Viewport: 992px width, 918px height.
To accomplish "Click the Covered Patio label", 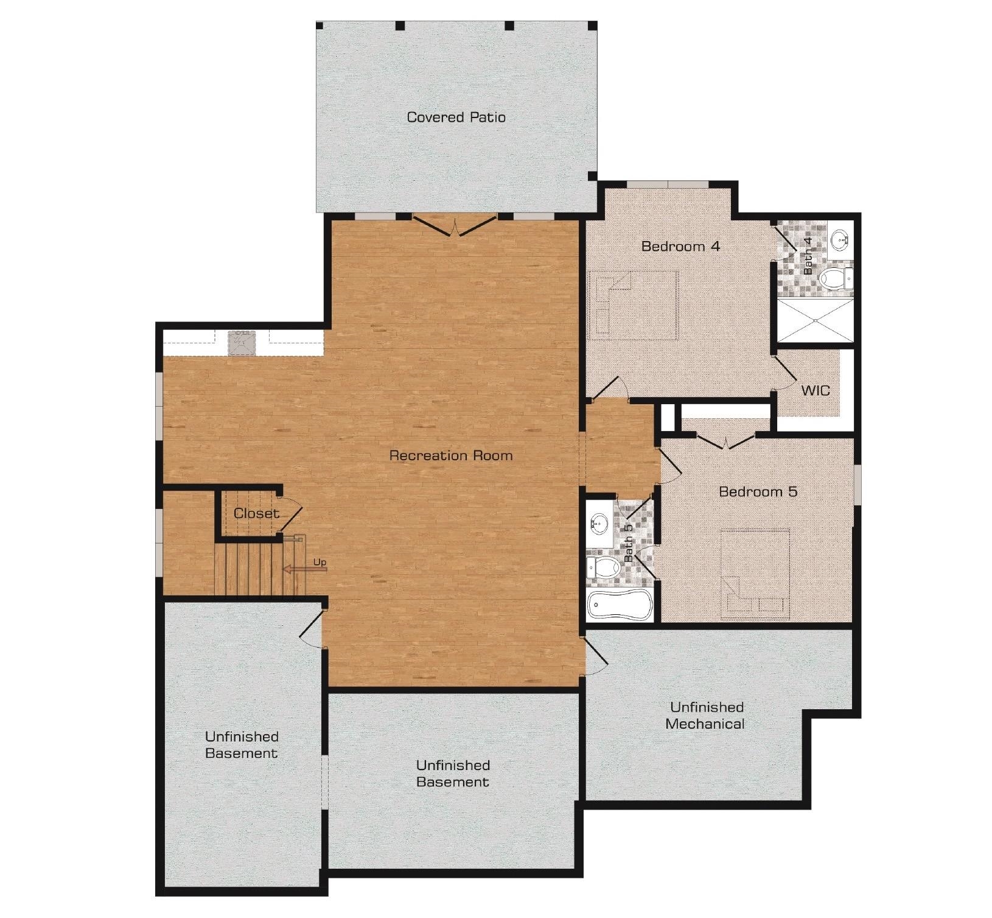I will pos(456,117).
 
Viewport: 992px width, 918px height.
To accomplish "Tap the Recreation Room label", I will pos(451,455).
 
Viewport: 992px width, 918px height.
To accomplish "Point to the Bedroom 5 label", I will pos(758,491).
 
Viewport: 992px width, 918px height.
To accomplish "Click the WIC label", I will pos(816,390).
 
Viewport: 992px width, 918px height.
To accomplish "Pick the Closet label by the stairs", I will pos(256,513).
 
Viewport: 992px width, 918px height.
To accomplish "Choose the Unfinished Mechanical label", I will pos(705,715).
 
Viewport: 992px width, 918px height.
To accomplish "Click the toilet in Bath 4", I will pos(836,279).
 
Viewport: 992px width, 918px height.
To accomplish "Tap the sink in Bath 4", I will pos(840,238).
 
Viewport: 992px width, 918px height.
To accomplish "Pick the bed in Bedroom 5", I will pos(755,573).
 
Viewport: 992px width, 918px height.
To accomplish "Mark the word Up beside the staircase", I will pos(320,561).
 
